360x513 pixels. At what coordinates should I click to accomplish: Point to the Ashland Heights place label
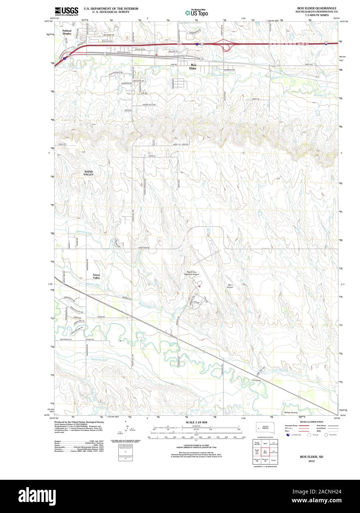67,32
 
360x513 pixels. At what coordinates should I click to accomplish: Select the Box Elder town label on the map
193,67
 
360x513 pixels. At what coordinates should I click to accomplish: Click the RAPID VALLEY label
89,173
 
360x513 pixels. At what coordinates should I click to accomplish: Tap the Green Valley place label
96,276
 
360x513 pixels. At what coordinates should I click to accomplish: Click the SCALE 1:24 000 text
196,422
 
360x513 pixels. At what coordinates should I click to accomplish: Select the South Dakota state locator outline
265,427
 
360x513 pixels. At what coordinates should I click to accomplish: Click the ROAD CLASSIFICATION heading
311,422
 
